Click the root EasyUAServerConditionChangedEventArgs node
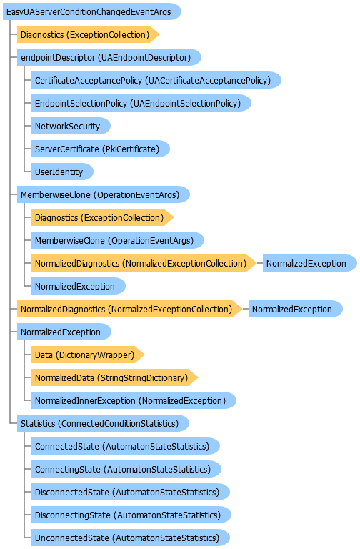pos(92,12)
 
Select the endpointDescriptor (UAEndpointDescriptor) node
pos(109,57)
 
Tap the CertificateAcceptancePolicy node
pos(156,81)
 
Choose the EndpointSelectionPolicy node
pos(141,103)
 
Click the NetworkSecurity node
pos(71,126)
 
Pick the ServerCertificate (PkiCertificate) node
pos(101,149)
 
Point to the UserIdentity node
pos(62,172)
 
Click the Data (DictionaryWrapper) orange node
pos(88,355)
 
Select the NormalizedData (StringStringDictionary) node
pos(115,377)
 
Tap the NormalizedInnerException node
pos(134,400)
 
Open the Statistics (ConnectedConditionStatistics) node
pos(103,424)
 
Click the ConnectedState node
pos(126,446)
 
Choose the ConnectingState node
pos(126,469)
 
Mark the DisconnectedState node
pos(131,493)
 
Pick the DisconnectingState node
pos(131,515)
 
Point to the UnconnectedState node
pos(131,538)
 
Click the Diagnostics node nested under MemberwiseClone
pos(103,218)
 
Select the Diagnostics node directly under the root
pos(88,34)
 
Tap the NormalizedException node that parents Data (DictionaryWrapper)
pos(64,332)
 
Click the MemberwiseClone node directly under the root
pos(104,194)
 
